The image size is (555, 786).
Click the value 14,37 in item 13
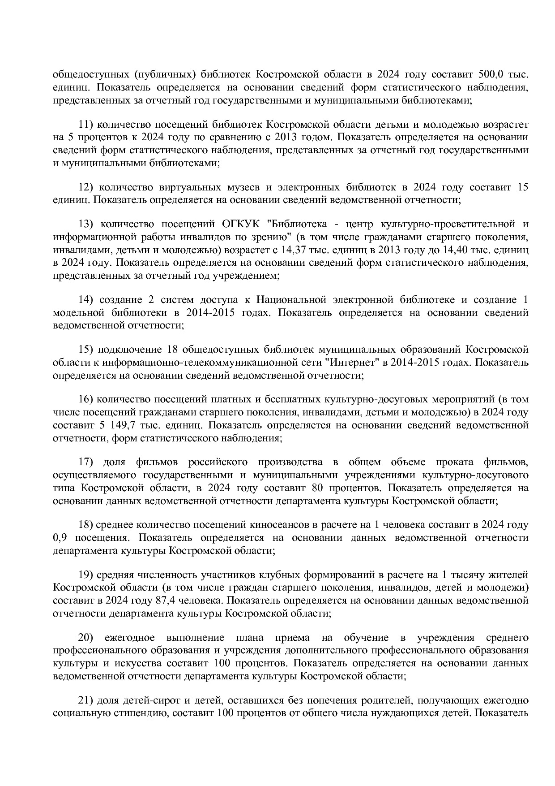coord(293,249)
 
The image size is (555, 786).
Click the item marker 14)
coord(85,299)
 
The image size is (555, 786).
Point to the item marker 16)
coord(85,399)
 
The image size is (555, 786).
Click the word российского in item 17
coord(218,462)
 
